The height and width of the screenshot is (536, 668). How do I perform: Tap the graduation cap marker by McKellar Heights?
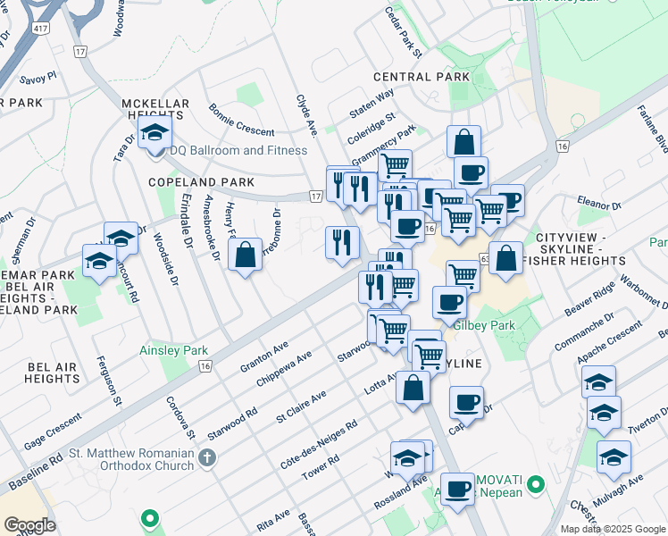[x=154, y=135]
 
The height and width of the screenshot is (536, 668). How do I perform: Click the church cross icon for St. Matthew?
[x=207, y=459]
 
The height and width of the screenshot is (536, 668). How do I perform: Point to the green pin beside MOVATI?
[x=535, y=487]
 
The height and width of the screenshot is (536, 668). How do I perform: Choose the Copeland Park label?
[x=189, y=181]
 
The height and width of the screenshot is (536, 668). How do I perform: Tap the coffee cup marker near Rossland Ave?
[x=458, y=489]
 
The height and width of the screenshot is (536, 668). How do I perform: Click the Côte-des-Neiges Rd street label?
[x=320, y=438]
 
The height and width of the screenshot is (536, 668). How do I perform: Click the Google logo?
[x=30, y=525]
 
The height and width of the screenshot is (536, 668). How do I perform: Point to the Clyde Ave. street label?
[x=307, y=115]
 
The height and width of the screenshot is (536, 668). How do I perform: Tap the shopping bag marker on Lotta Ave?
[x=413, y=388]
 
